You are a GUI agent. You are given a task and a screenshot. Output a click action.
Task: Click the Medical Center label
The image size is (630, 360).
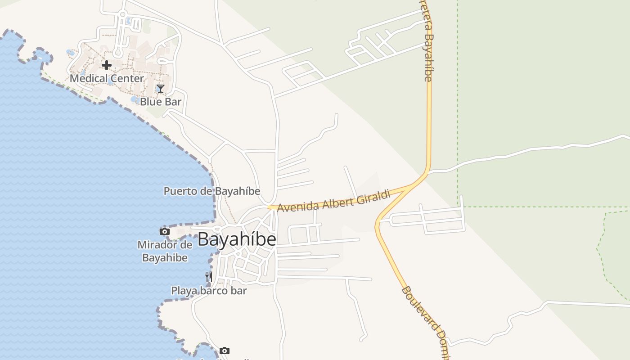click(x=107, y=78)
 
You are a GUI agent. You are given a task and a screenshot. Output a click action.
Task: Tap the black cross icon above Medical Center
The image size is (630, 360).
click(x=106, y=65)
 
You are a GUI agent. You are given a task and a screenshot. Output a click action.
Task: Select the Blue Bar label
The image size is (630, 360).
click(x=160, y=102)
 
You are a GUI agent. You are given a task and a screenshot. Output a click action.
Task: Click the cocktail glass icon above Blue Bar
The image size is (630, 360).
click(x=160, y=89)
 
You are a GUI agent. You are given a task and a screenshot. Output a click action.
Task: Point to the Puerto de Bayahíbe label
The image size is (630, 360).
click(x=211, y=191)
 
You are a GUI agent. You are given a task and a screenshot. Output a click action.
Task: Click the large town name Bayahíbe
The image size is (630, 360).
click(x=237, y=239)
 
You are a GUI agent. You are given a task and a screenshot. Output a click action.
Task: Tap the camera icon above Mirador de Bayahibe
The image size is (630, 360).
click(x=165, y=231)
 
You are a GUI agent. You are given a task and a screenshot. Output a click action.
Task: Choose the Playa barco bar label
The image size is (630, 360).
click(x=209, y=291)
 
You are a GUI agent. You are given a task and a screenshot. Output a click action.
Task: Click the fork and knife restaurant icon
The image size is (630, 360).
click(x=209, y=277)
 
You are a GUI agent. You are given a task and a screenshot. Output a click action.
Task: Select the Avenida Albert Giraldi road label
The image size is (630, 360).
click(x=334, y=200)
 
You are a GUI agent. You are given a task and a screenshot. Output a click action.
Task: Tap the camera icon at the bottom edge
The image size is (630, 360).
click(x=225, y=351)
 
